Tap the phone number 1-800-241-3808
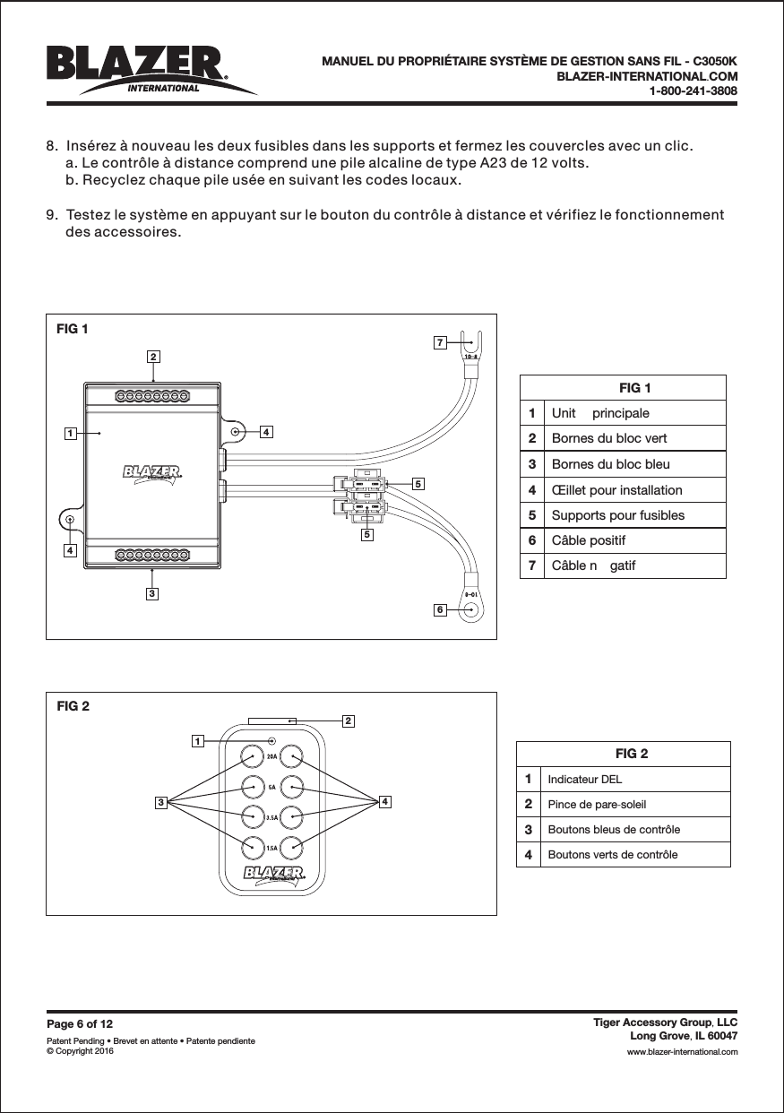pos(693,91)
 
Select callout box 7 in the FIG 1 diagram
pos(439,342)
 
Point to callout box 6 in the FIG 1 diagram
pos(439,609)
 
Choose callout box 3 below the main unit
pos(153,593)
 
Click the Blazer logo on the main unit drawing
pos(152,472)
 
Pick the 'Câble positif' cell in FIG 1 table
pos(589,540)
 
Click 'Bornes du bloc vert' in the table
pos(608,438)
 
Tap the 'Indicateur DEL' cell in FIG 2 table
pos(584,779)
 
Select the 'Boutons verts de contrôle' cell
pos(612,854)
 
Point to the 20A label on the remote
pos(271,756)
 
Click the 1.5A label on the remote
pos(271,847)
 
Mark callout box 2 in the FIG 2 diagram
pos(348,720)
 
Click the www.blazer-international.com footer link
pos(682,1051)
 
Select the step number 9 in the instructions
pos(51,216)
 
